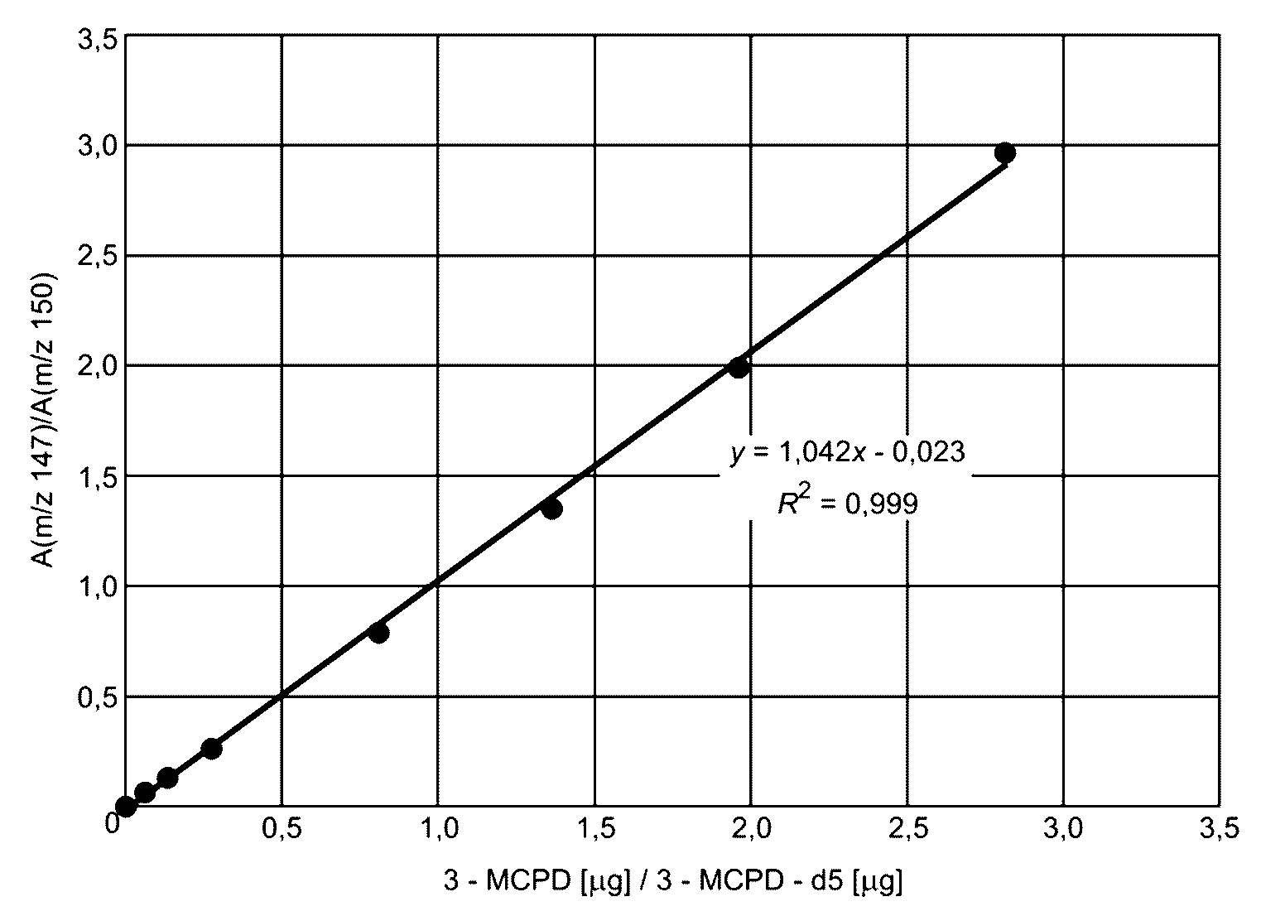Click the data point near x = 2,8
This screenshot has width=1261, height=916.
(1005, 152)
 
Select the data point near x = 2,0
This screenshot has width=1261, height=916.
(739, 368)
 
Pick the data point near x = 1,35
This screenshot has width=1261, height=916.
(551, 509)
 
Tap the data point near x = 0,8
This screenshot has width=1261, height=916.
(379, 633)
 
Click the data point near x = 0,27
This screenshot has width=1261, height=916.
(211, 749)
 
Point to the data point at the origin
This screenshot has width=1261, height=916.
(126, 806)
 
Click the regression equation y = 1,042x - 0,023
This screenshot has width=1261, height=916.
(847, 452)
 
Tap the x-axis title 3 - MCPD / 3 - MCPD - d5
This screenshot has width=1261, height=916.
(672, 881)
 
